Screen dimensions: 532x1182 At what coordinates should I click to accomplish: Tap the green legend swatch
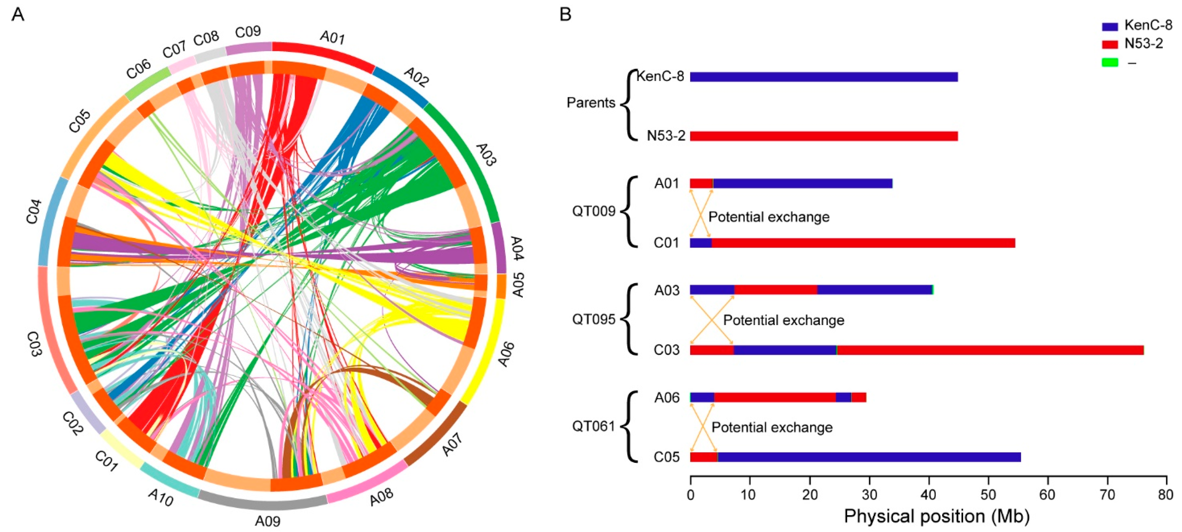1110,62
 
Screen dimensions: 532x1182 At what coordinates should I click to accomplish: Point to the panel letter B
565,15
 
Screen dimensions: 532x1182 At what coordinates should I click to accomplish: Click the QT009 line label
593,212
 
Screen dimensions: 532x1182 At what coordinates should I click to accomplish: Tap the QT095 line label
593,319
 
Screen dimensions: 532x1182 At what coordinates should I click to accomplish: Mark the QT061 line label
593,426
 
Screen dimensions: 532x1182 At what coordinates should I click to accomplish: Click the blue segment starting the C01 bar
701,243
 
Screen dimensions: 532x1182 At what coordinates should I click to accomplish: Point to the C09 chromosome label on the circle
248,32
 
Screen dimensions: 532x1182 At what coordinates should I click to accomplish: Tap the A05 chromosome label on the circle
517,285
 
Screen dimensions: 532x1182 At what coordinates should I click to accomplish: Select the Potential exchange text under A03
784,320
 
